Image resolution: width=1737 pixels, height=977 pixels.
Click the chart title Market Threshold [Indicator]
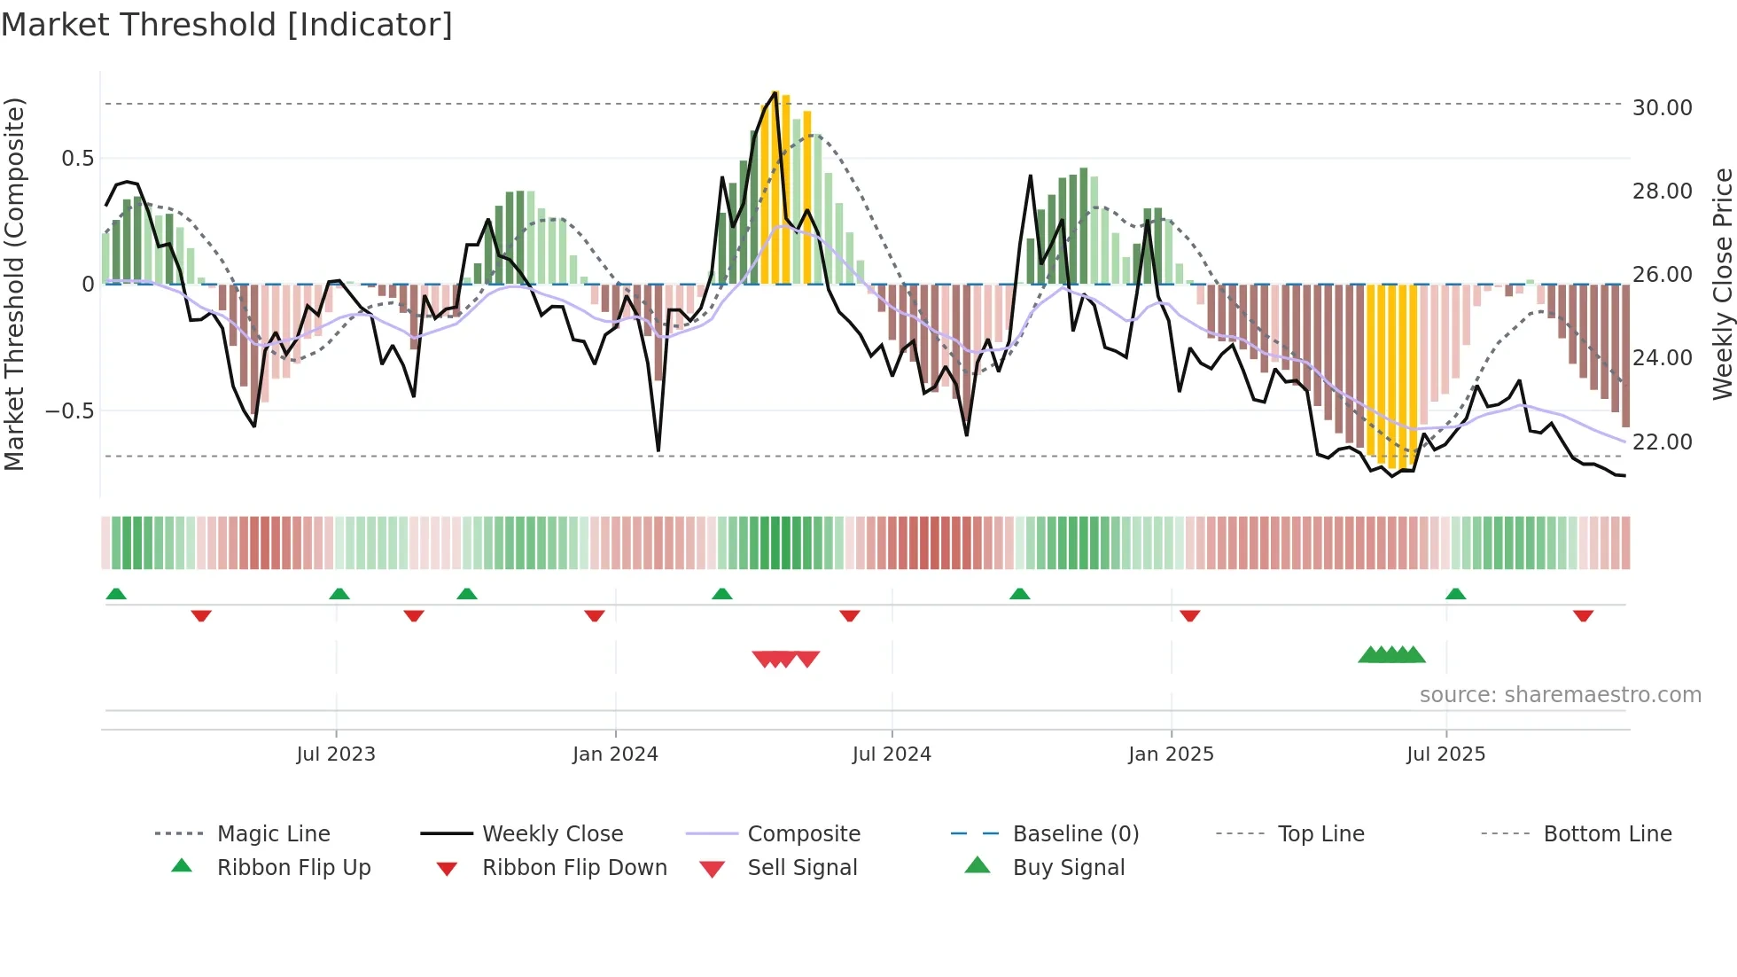(227, 24)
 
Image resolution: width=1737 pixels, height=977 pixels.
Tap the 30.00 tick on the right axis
(1662, 108)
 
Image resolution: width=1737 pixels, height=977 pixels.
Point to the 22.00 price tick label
(1662, 442)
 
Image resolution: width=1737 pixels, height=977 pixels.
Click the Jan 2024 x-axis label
(615, 754)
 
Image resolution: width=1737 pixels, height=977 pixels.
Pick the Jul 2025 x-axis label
(1445, 754)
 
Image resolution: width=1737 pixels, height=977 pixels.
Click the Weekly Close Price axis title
(1722, 284)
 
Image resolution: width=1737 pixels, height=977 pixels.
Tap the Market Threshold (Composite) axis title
(14, 284)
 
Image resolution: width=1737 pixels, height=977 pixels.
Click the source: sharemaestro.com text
(1560, 695)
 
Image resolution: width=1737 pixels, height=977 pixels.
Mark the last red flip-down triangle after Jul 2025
(1583, 615)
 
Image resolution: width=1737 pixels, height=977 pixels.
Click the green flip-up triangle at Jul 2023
(339, 594)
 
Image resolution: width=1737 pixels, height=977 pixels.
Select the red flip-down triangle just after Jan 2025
(1189, 615)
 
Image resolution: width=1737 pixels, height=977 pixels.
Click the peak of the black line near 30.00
(775, 92)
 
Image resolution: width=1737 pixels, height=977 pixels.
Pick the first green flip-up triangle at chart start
(116, 594)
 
